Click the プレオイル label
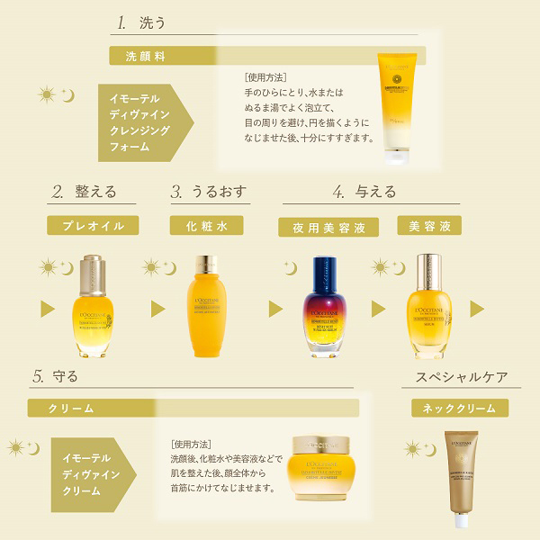pos(94,225)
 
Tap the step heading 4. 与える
pos(364,191)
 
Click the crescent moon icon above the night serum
pos(290,266)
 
